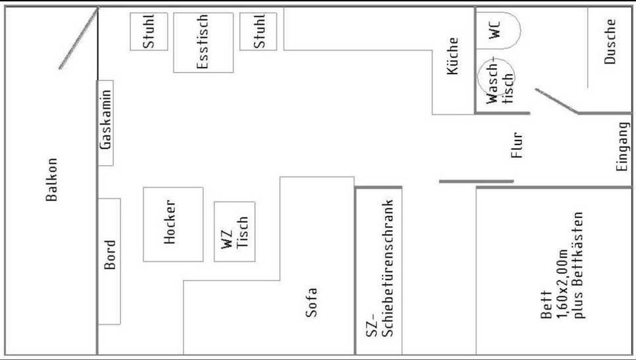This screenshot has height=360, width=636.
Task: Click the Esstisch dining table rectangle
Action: pyautogui.click(x=203, y=42)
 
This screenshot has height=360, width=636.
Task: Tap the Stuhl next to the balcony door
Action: pyautogui.click(x=149, y=32)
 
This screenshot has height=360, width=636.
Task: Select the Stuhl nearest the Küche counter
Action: pyautogui.click(x=258, y=32)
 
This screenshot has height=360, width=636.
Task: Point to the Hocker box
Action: pyautogui.click(x=173, y=225)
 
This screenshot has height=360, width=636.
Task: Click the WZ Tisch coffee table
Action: pyautogui.click(x=235, y=232)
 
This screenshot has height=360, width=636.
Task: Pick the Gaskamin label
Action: pyautogui.click(x=105, y=120)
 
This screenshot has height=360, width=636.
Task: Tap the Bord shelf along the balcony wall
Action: pyautogui.click(x=109, y=261)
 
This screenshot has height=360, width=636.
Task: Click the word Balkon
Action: pyautogui.click(x=52, y=180)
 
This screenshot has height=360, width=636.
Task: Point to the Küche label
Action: pyautogui.click(x=452, y=56)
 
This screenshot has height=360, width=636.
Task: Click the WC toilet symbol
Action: pyautogui.click(x=498, y=31)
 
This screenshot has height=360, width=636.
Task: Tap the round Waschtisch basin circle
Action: pyautogui.click(x=496, y=77)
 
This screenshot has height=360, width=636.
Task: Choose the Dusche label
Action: pyautogui.click(x=609, y=42)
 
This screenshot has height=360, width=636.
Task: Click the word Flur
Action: pyautogui.click(x=517, y=145)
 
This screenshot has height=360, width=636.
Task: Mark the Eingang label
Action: pyautogui.click(x=623, y=147)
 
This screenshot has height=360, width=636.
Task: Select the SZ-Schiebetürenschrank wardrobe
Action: pyautogui.click(x=379, y=270)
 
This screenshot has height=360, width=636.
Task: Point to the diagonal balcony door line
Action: pyautogui.click(x=79, y=38)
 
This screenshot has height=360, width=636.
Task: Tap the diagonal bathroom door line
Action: pyautogui.click(x=556, y=101)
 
